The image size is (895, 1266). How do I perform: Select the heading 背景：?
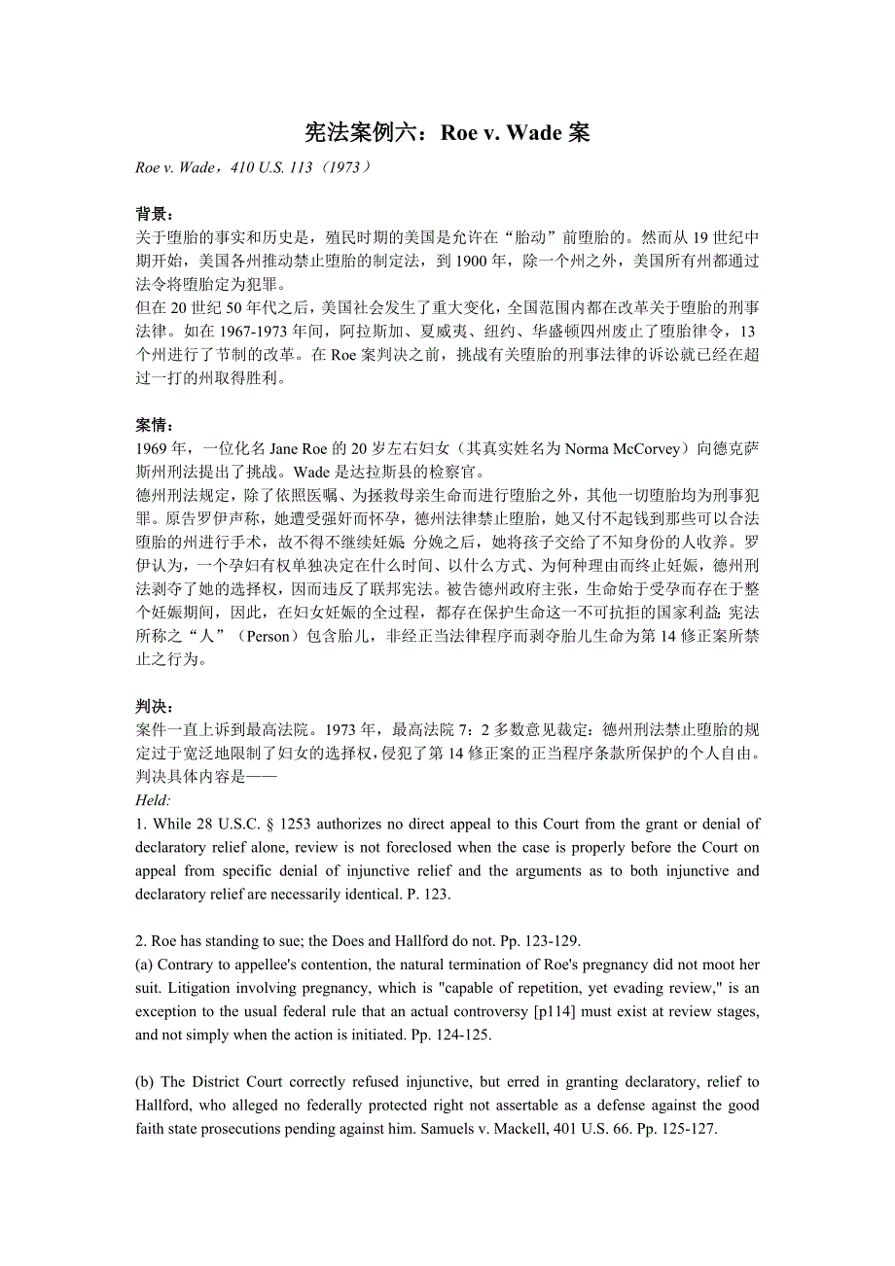pyautogui.click(x=155, y=214)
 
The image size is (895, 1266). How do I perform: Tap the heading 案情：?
pyautogui.click(x=155, y=425)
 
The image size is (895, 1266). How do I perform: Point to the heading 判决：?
pyautogui.click(x=155, y=707)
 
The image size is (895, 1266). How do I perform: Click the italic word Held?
pyautogui.click(x=154, y=800)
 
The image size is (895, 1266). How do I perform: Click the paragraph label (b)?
pyautogui.click(x=146, y=1081)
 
